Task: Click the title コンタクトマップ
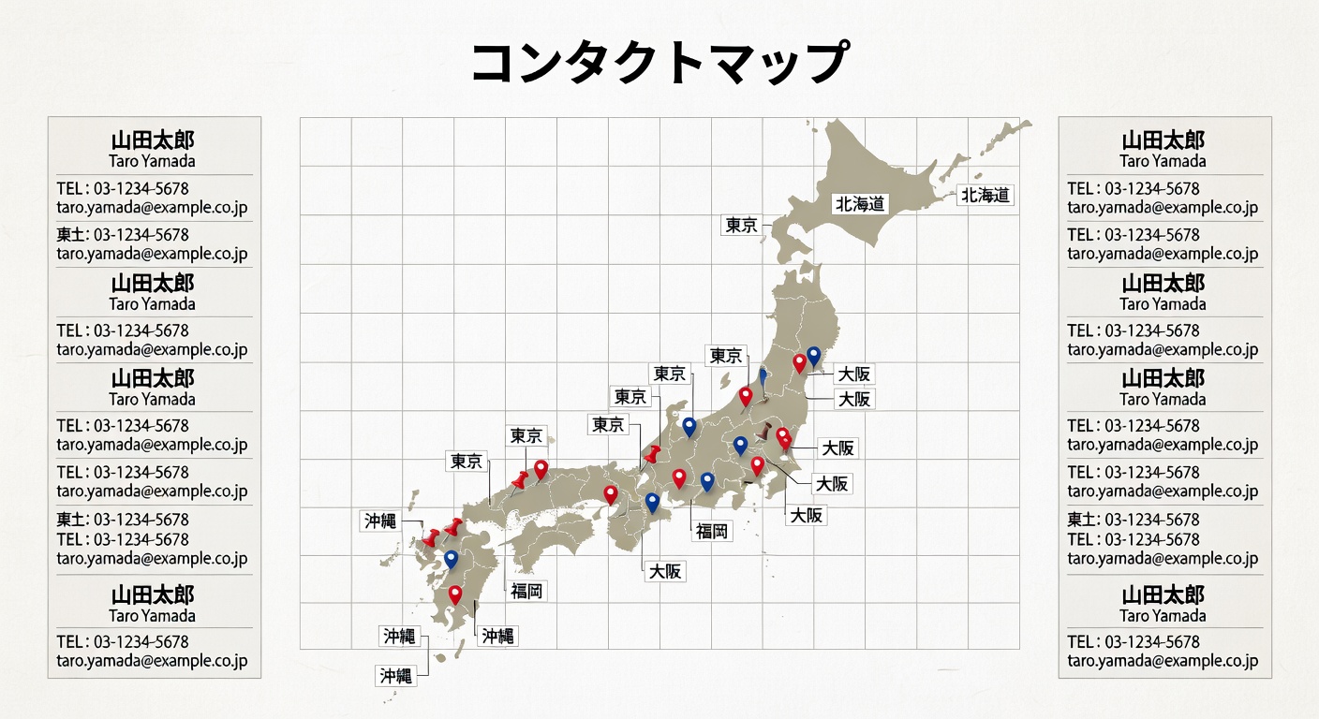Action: (x=659, y=63)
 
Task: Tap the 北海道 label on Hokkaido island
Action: (x=860, y=203)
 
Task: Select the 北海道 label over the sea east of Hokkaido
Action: (x=986, y=195)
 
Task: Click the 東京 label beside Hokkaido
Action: (x=741, y=225)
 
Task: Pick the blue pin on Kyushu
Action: (x=452, y=559)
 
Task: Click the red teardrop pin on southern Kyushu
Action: (x=455, y=594)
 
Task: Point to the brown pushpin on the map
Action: (x=764, y=433)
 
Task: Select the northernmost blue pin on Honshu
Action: (x=813, y=355)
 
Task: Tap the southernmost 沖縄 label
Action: (x=395, y=675)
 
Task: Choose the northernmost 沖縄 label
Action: (x=380, y=521)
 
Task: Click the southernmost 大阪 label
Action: (x=664, y=570)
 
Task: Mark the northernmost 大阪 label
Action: (x=853, y=374)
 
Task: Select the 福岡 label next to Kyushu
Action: (x=526, y=591)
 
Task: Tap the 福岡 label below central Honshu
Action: (x=712, y=531)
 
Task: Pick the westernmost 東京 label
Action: (x=467, y=461)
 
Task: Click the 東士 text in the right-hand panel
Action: (x=1081, y=519)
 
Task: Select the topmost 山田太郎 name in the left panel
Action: (x=154, y=140)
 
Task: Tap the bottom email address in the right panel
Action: (x=1163, y=660)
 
